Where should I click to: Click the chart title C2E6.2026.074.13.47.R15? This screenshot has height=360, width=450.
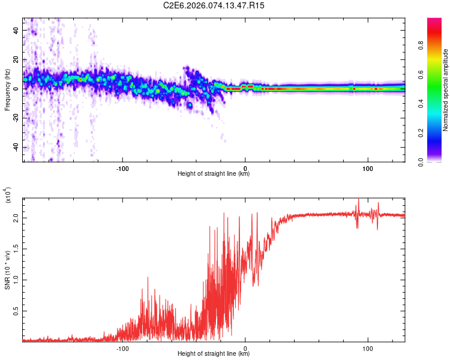214,5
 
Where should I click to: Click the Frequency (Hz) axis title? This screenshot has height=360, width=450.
7,89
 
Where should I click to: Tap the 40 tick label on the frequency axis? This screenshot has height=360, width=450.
16,30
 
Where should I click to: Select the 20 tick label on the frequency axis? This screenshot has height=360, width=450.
16,59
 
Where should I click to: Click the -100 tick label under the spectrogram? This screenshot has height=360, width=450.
122,167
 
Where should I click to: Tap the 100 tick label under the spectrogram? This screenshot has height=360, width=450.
367,167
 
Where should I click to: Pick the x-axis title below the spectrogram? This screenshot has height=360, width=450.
214,174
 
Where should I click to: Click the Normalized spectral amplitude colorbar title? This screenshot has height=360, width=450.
446,90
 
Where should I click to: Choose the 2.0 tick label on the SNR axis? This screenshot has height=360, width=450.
16,219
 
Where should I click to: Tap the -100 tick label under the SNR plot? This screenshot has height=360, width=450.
122,347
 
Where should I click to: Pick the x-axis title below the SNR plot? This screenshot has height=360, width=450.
214,354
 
